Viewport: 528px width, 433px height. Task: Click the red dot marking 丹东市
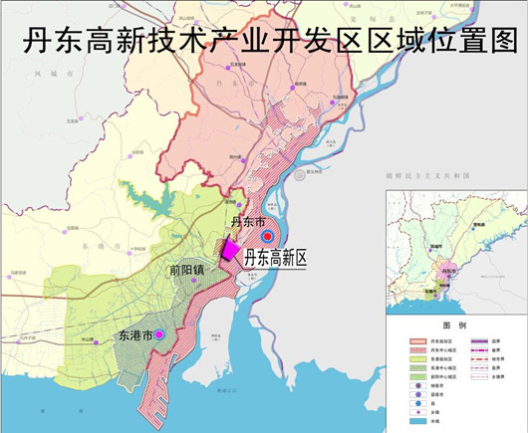[267, 236]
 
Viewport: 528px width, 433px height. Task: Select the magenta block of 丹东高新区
[230, 249]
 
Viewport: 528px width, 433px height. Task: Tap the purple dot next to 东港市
[157, 334]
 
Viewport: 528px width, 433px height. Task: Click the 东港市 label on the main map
[133, 335]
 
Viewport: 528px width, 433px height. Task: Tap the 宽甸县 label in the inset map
[478, 225]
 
